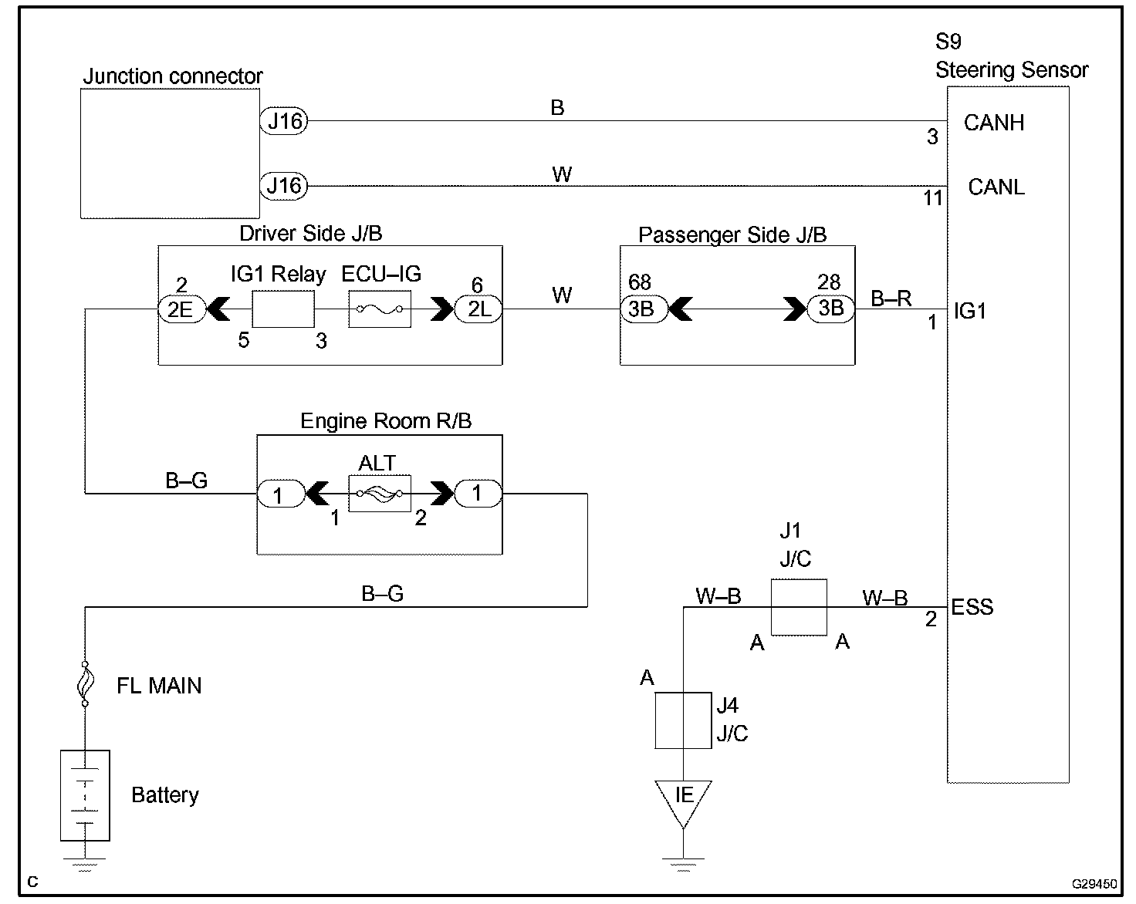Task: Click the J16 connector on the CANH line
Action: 284,121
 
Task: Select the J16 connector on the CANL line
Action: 284,186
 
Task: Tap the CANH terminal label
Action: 993,123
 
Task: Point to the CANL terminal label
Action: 996,187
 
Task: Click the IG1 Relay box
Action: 283,309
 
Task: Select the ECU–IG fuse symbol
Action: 379,309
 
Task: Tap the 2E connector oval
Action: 181,309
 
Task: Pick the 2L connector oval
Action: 479,309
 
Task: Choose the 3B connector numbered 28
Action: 830,309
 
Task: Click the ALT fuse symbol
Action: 379,494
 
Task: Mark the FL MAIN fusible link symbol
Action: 85,683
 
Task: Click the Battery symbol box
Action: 85,795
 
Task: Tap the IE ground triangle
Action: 683,798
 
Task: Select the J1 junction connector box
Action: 799,607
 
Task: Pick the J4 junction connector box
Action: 683,720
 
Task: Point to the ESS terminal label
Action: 972,607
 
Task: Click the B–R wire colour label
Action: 891,299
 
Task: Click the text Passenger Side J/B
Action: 732,234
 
